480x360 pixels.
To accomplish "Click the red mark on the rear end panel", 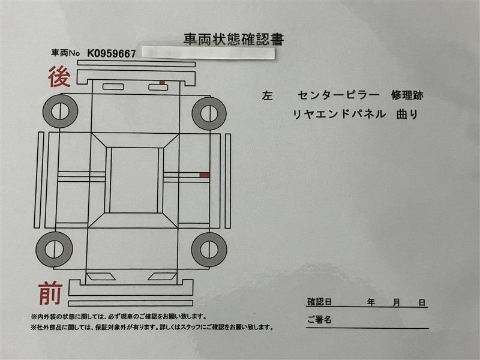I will click(162, 82).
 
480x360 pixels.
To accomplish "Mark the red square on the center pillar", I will click(205, 175).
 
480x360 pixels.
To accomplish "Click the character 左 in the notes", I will click(267, 96).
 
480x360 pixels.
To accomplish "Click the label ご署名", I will click(320, 320).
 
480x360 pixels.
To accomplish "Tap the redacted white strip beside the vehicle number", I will click(208, 53).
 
